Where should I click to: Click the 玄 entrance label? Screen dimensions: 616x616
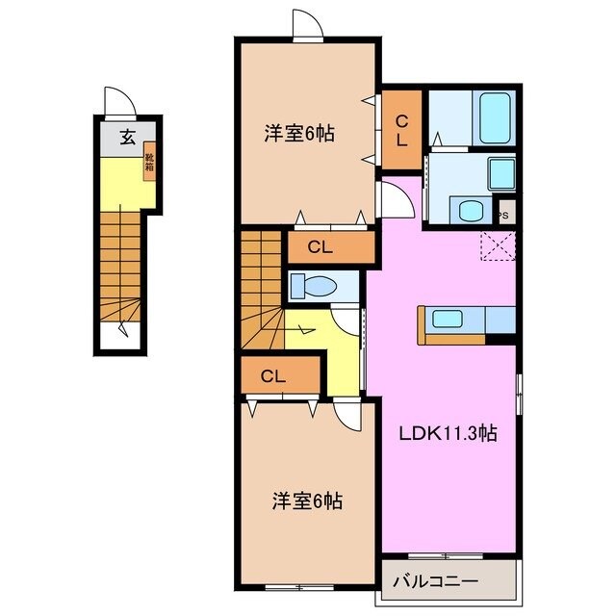coord(128,136)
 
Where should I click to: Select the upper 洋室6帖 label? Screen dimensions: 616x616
coord(299,134)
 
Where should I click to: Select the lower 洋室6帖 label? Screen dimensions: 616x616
coord(307,500)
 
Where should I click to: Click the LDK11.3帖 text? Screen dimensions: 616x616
coord(448,433)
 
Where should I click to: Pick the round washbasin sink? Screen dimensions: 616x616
coord(470,211)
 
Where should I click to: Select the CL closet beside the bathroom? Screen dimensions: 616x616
coord(401,129)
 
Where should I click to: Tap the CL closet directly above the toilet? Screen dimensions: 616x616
coord(321,247)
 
